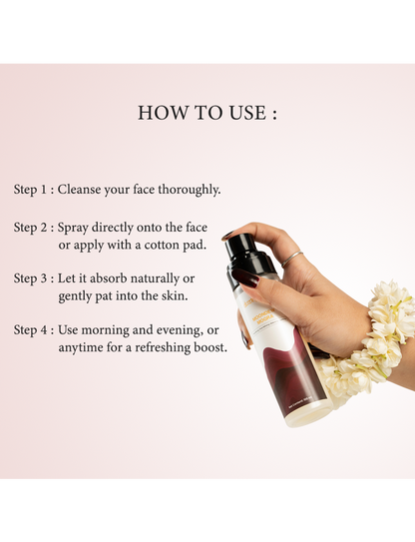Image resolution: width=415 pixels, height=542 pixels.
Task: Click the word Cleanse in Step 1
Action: [79, 189]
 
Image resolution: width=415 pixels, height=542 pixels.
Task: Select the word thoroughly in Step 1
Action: [189, 190]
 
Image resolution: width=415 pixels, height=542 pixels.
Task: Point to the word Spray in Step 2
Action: [73, 228]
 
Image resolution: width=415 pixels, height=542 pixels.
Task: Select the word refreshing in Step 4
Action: [163, 347]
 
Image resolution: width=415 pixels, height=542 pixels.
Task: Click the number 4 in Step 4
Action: [44, 329]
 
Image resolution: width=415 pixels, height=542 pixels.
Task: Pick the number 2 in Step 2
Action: [44, 228]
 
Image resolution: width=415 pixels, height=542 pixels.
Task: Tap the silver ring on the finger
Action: [292, 258]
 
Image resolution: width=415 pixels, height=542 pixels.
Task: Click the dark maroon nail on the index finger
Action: [245, 277]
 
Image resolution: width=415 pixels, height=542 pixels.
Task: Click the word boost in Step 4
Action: [210, 347]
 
